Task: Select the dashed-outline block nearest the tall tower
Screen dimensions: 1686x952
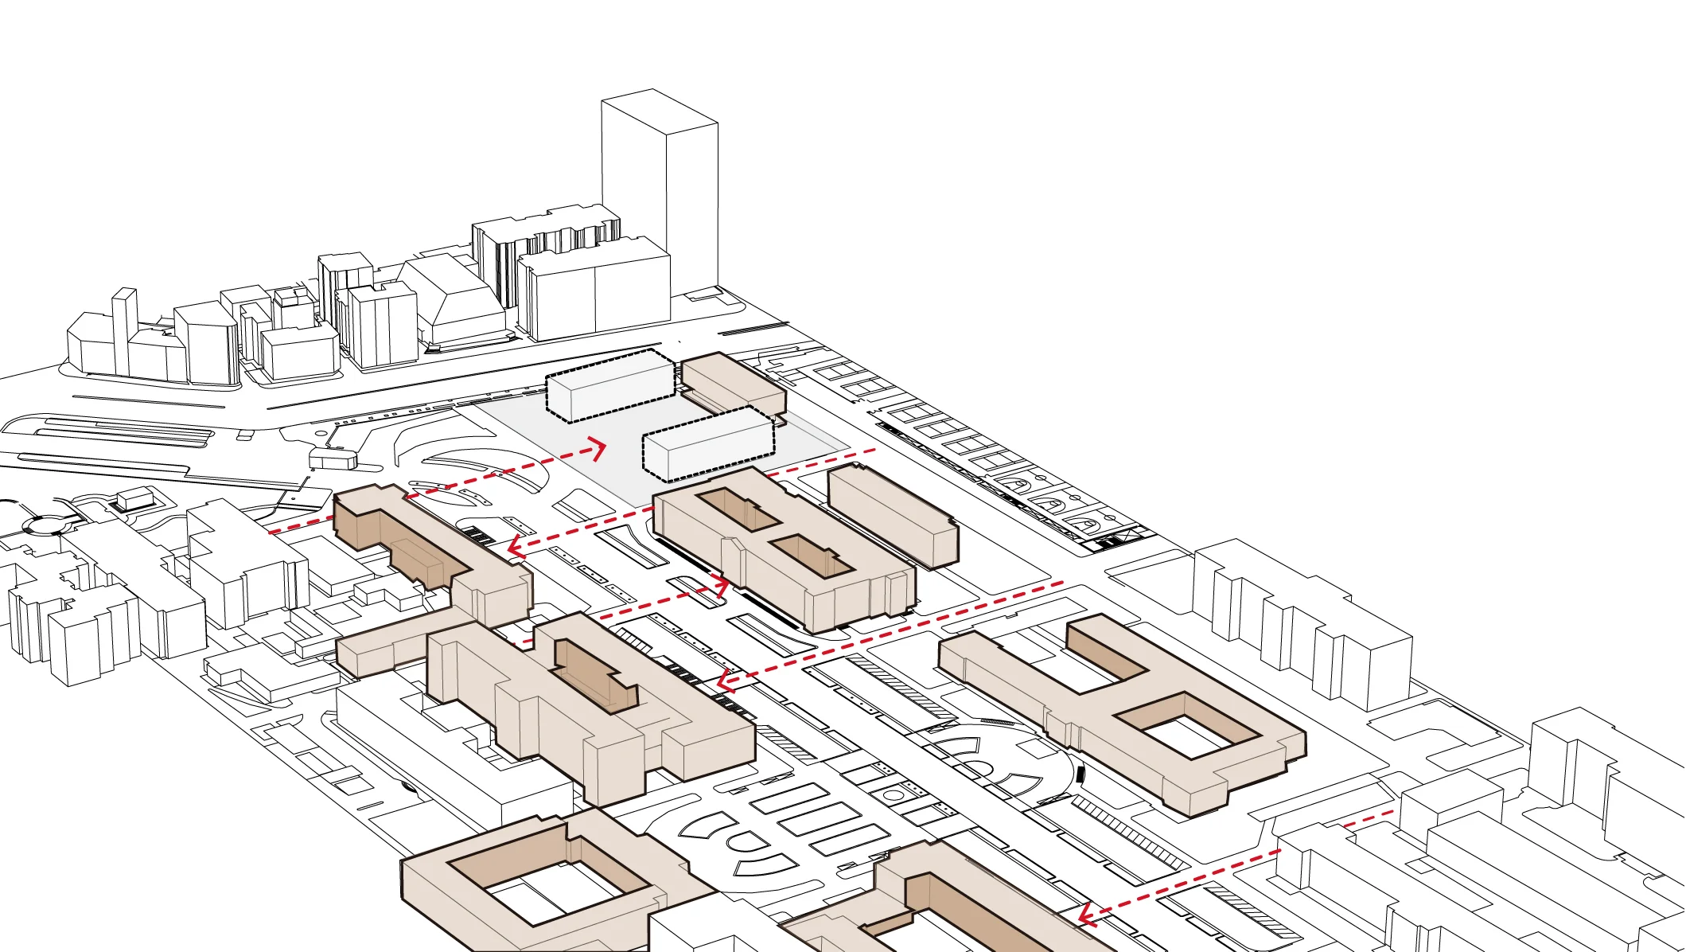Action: (x=611, y=387)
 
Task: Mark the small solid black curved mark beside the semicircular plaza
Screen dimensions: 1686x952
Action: (x=1080, y=771)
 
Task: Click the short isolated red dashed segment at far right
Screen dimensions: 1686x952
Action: (x=1370, y=818)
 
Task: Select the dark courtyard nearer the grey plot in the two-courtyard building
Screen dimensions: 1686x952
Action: (x=737, y=509)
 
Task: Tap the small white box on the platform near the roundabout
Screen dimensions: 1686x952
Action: (x=135, y=499)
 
